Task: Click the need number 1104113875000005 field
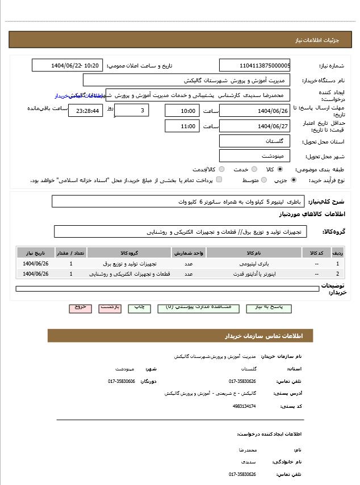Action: coord(254,65)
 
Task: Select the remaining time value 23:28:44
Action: coord(85,111)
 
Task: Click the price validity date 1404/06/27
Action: coord(254,126)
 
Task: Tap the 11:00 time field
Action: coord(182,126)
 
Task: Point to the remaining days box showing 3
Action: coord(132,110)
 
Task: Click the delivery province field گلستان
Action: coord(254,141)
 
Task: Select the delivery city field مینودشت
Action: coord(254,155)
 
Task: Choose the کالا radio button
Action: coord(280,169)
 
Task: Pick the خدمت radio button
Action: coord(254,169)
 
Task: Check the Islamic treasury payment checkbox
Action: coord(219,180)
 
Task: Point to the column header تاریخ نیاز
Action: coord(35,252)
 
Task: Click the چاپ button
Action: coord(139,307)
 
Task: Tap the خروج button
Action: coord(81,307)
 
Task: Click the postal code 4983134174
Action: coord(244,406)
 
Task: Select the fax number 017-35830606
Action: coord(122,381)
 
